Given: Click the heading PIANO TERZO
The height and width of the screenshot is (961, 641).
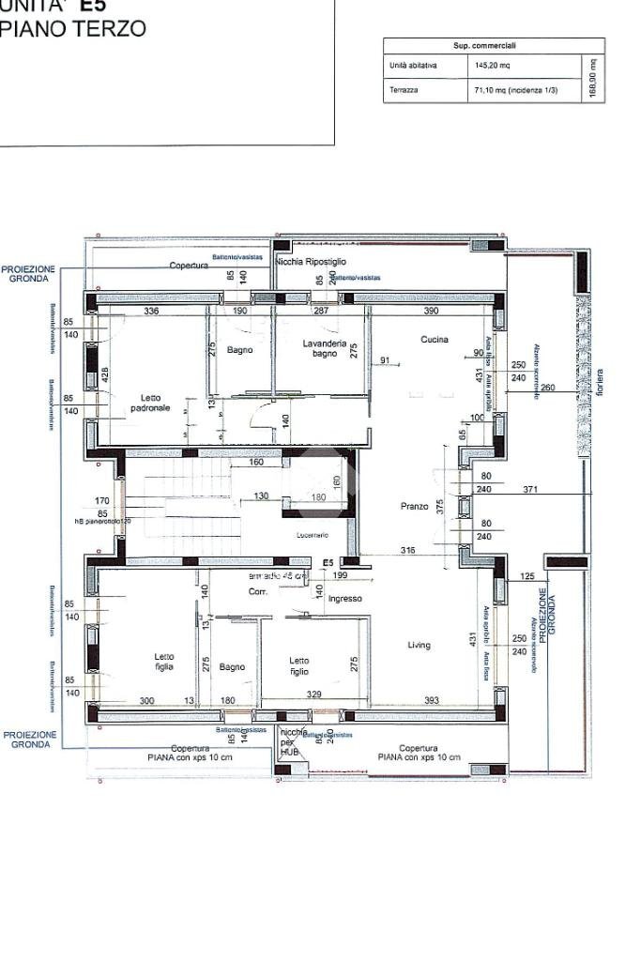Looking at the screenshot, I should (73, 29).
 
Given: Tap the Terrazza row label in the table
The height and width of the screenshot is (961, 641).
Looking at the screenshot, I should (404, 90).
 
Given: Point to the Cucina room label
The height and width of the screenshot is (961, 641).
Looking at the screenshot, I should (435, 340).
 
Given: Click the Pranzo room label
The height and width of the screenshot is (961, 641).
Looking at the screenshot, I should (415, 506).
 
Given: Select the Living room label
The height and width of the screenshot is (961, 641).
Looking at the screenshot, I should (419, 645).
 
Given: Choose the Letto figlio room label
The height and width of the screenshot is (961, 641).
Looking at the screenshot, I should (298, 665).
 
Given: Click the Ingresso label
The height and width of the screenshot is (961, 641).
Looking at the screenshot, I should (344, 598).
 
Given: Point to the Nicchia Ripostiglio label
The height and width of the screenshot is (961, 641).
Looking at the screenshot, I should (312, 262).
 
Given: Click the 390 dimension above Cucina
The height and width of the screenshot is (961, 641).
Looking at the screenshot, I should (431, 311).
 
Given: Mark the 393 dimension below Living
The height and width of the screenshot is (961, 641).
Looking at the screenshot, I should (431, 700).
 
